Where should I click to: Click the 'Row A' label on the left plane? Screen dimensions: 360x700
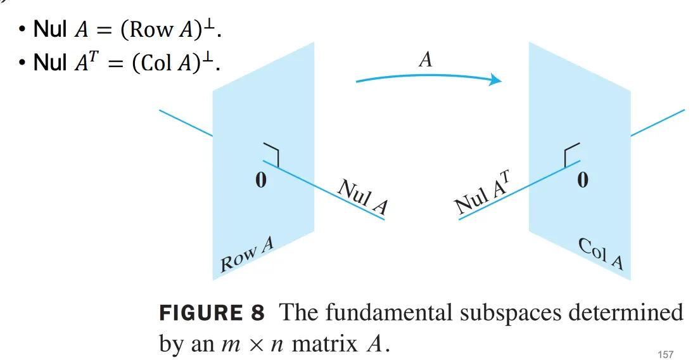246,255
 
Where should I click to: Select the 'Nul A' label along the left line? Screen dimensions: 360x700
362,197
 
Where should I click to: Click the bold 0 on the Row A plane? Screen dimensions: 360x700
260,181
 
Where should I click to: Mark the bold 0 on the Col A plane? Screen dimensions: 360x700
582,181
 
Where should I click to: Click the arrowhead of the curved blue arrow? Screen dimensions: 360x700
496,80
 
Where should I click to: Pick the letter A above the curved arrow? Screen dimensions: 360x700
426,60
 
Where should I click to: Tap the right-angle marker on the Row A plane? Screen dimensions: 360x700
272,155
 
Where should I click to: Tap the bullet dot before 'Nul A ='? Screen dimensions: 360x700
22,30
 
